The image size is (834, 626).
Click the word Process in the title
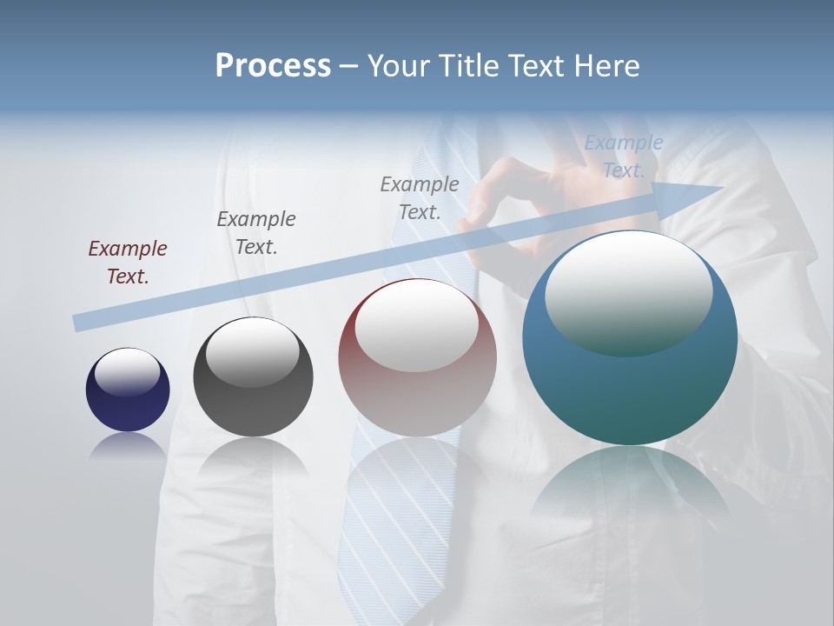pyautogui.click(x=273, y=66)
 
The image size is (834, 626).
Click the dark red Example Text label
pyautogui.click(x=128, y=262)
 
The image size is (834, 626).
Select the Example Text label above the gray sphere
pyautogui.click(x=256, y=232)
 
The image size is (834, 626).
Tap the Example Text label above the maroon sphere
pyautogui.click(x=420, y=197)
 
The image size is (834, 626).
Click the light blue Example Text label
pyautogui.click(x=623, y=156)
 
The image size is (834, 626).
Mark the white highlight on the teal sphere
pyautogui.click(x=628, y=291)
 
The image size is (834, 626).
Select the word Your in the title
pyautogui.click(x=400, y=66)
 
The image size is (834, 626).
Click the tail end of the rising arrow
pyautogui.click(x=78, y=323)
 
